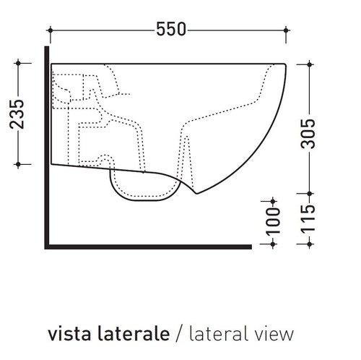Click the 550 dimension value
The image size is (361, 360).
(171, 30)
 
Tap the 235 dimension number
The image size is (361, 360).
(17, 113)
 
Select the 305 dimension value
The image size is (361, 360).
(308, 134)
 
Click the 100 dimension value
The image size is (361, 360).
(273, 221)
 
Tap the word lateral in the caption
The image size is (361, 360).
(222, 333)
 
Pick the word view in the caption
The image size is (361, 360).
(277, 334)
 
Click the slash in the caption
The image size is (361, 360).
(179, 334)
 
